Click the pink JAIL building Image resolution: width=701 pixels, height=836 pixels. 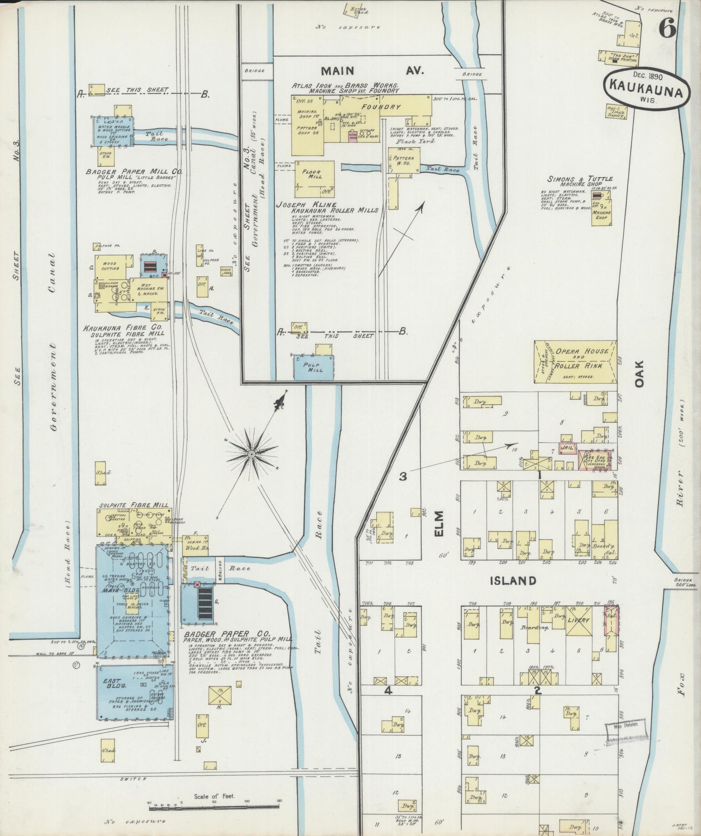click(x=567, y=447)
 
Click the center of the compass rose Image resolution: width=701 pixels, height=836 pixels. click(x=251, y=454)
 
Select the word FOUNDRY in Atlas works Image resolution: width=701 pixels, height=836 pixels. click(x=381, y=107)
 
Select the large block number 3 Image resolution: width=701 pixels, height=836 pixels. click(x=403, y=477)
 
